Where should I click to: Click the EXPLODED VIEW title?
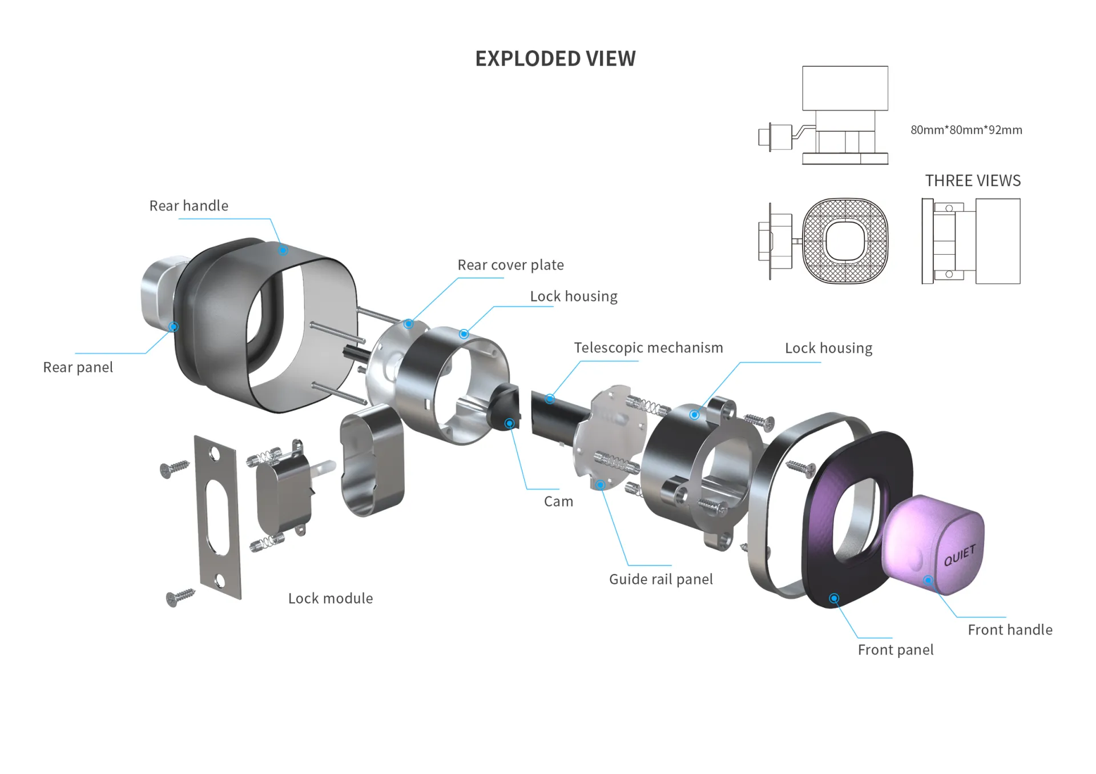point(555,59)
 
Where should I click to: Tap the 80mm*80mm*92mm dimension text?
point(966,130)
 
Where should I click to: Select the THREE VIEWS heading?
point(973,181)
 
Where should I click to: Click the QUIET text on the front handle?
point(960,555)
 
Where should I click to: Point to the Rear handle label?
point(188,206)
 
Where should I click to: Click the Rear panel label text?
point(78,367)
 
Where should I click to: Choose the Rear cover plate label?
point(510,265)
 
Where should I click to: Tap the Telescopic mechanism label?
point(648,348)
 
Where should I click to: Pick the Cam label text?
point(558,502)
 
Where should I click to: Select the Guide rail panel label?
point(661,579)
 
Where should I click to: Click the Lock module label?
point(331,598)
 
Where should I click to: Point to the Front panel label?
point(895,649)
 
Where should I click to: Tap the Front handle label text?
point(1010,629)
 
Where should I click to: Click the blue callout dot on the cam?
point(510,423)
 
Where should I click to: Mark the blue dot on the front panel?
point(834,598)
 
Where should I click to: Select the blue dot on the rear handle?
point(283,250)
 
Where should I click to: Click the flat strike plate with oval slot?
point(217,517)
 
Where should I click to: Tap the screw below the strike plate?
point(180,597)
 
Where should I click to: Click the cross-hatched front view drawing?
point(845,240)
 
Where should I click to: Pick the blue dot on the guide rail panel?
point(601,485)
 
